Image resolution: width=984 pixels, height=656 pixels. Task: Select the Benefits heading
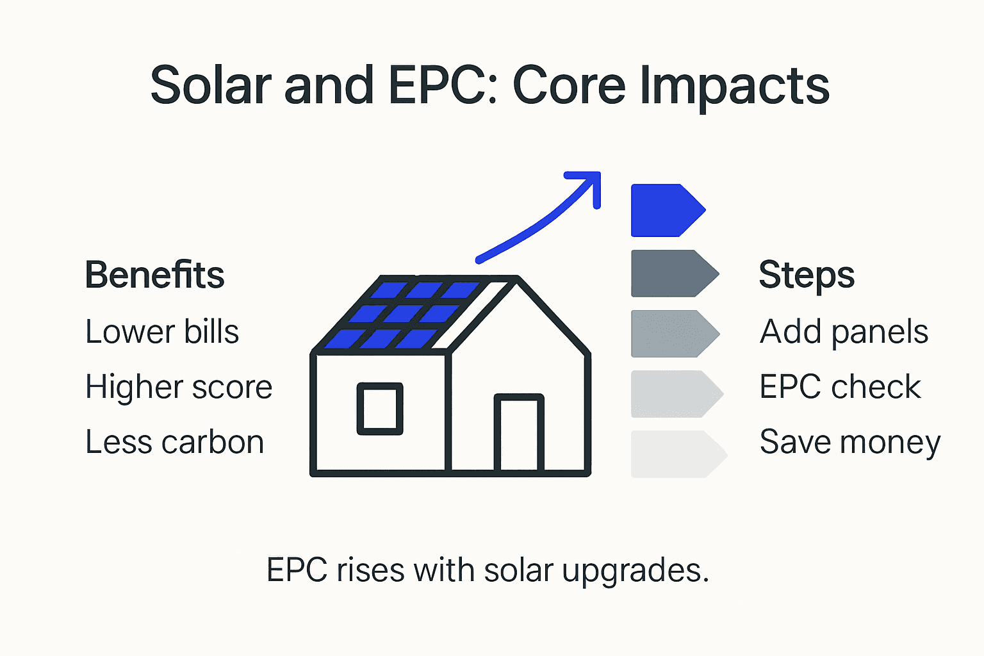pos(154,275)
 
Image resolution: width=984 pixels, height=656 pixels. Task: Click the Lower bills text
pos(162,332)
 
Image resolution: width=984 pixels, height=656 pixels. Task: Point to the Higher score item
pos(179,388)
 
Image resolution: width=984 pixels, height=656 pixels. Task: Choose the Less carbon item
pos(174,443)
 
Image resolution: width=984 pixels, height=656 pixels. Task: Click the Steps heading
pos(806,275)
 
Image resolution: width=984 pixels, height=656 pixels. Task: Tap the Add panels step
pos(844,332)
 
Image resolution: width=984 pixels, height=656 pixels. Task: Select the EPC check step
pos(840,388)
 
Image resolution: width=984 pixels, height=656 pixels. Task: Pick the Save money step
pos(849,443)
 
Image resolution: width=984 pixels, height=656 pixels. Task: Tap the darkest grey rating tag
pos(670,274)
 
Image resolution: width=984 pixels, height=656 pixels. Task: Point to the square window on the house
pos(380,409)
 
